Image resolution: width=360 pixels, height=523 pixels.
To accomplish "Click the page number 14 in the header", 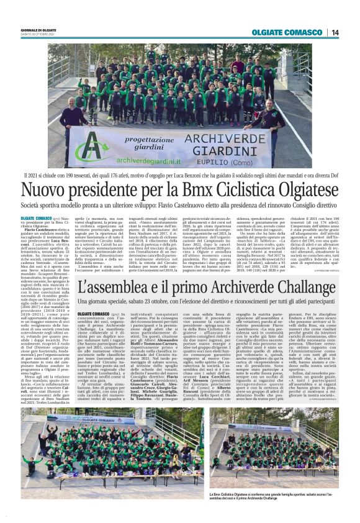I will click(335, 32).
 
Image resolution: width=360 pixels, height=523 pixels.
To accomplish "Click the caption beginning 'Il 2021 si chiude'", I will click(180, 175).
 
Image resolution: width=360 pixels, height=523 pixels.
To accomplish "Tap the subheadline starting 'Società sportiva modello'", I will click(180, 204).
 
